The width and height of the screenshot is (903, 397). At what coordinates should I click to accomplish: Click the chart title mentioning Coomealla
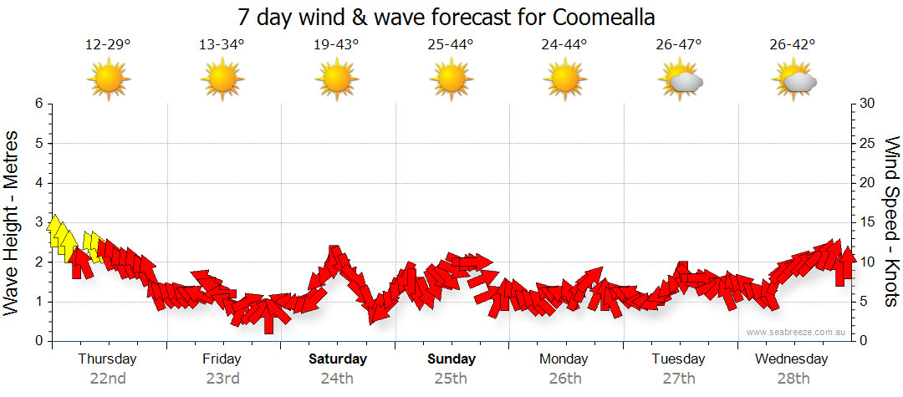coord(446,17)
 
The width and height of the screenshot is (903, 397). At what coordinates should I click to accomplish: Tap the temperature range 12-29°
coord(108,45)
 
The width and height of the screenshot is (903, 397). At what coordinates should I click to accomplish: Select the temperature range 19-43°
coord(336,45)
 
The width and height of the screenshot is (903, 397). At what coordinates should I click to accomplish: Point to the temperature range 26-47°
coord(679,45)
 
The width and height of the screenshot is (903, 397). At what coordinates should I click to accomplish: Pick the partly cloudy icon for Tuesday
coord(680,80)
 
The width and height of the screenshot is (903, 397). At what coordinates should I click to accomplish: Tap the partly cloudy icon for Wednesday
coord(793,80)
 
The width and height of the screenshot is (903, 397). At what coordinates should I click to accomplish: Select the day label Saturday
coord(338,359)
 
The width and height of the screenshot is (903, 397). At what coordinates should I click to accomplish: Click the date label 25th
coord(451,379)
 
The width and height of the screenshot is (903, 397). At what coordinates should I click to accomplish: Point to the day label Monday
coord(564,359)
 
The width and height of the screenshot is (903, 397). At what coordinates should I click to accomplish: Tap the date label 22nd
coord(108,379)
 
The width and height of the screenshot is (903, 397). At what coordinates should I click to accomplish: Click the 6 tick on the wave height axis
coord(38,104)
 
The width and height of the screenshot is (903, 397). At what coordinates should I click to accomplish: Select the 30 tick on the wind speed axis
coord(868,104)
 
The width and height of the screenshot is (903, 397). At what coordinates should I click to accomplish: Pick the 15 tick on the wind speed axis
coord(868,222)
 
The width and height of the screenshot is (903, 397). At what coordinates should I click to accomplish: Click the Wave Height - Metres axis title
coord(13,222)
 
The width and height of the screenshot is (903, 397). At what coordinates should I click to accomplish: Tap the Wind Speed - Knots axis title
coord(891,222)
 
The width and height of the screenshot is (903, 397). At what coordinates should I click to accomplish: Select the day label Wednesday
coord(791,359)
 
